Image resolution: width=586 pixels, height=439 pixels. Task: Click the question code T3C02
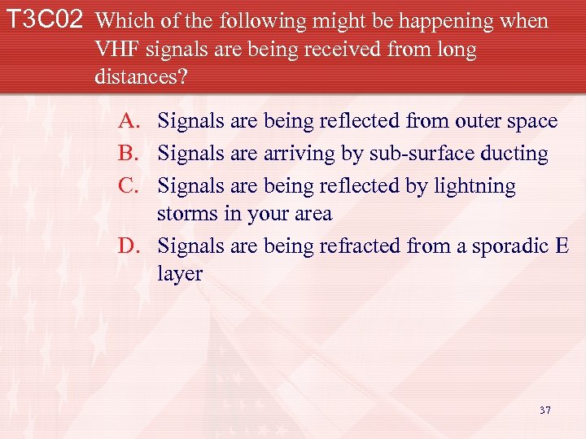pyautogui.click(x=46, y=21)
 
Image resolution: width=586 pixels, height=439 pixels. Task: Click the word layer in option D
pyautogui.click(x=180, y=275)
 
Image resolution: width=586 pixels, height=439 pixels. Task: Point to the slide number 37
pyautogui.click(x=544, y=410)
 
